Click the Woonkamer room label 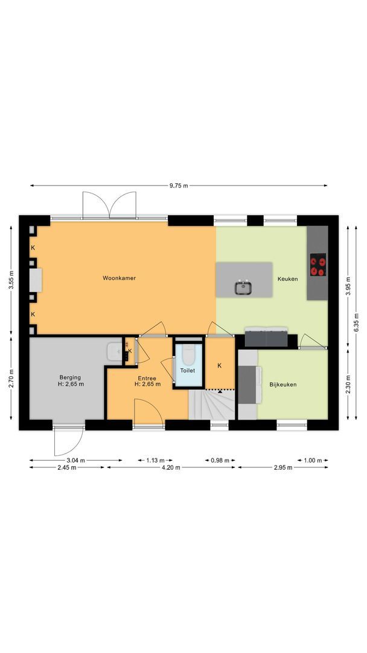click(x=119, y=278)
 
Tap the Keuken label click(x=287, y=279)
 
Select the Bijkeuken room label click(x=282, y=384)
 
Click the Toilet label click(x=188, y=370)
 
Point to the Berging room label click(x=71, y=380)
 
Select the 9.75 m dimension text click(x=179, y=185)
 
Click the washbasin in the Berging click(x=113, y=352)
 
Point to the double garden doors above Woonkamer click(x=109, y=206)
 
